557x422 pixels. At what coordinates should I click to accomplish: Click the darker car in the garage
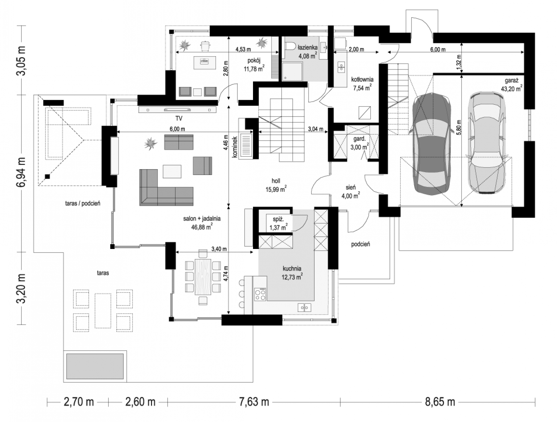point(432,144)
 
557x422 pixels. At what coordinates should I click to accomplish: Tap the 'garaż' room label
point(511,81)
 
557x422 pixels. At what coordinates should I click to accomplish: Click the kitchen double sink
point(304,308)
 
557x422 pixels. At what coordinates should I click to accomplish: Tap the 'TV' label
point(179,118)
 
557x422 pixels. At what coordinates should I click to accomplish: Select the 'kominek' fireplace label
point(235,147)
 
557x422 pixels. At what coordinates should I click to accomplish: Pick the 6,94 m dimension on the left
point(21,172)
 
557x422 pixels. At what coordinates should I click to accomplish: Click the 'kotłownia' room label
point(362,79)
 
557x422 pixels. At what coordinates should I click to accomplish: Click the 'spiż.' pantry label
point(278,219)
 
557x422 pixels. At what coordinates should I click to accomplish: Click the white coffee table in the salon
point(172,172)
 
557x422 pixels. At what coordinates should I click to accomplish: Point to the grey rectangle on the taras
point(95,366)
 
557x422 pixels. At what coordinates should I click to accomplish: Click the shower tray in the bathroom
point(292,71)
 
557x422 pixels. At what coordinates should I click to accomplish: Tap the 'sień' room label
point(350,187)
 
